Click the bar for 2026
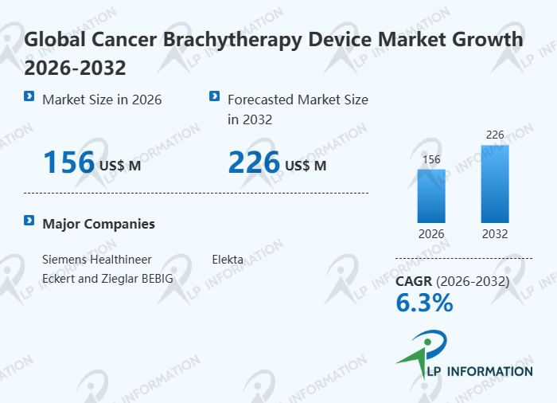(x=431, y=196)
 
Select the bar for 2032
(x=495, y=184)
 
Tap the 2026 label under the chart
(x=431, y=234)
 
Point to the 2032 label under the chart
(x=495, y=234)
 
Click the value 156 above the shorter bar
(x=431, y=159)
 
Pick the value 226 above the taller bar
(x=495, y=135)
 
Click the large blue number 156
(x=68, y=162)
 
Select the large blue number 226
(x=254, y=162)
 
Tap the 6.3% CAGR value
(x=424, y=303)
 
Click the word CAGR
(x=414, y=281)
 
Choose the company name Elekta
(x=228, y=260)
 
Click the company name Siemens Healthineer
(x=97, y=260)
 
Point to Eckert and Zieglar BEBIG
(x=107, y=279)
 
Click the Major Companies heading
(x=99, y=224)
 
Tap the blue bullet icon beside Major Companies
(x=29, y=221)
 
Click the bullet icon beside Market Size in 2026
(x=29, y=96)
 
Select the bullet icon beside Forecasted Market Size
(x=214, y=96)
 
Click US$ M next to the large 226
(x=306, y=166)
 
